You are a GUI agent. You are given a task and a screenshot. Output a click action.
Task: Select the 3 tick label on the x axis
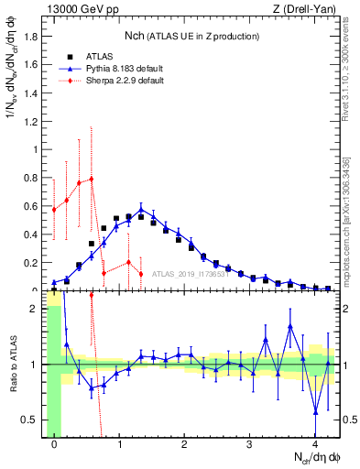[250, 444]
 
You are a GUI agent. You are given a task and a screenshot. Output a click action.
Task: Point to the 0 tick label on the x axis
[55, 444]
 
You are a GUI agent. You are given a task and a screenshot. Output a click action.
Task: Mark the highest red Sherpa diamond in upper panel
[92, 179]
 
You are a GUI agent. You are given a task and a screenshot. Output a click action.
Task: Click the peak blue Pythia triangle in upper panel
[141, 210]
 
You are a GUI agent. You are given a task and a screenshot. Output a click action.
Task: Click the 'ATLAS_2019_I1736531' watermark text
[189, 273]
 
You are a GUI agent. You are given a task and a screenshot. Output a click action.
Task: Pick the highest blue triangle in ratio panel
[290, 326]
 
